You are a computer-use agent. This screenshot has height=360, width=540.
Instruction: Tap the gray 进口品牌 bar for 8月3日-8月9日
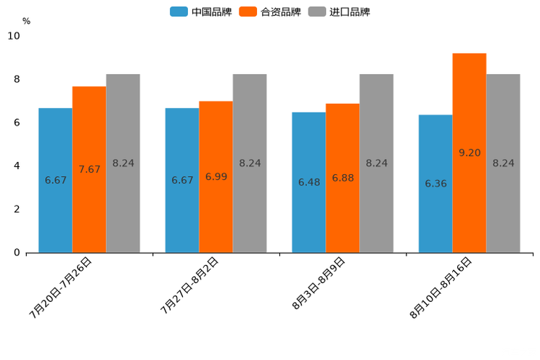tap(376, 163)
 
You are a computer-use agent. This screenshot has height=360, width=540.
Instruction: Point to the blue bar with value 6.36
tap(435, 184)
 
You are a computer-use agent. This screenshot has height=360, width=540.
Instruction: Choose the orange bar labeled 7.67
tap(89, 169)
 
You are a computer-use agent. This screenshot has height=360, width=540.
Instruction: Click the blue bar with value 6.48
tap(308, 182)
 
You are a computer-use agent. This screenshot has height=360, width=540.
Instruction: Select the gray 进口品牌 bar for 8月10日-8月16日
tap(503, 163)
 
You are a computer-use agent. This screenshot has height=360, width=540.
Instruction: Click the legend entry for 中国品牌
tap(201, 12)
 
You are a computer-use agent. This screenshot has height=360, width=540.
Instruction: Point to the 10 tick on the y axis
tap(14, 36)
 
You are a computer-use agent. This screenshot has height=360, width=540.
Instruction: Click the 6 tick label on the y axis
tap(17, 123)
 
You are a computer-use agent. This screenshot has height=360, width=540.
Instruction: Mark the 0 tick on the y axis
tap(17, 253)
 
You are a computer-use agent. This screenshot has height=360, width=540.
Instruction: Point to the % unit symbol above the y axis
tap(26, 21)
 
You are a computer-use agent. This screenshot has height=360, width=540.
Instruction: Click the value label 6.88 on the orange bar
tap(343, 178)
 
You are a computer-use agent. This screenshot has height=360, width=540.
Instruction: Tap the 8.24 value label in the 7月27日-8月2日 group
tap(250, 163)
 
